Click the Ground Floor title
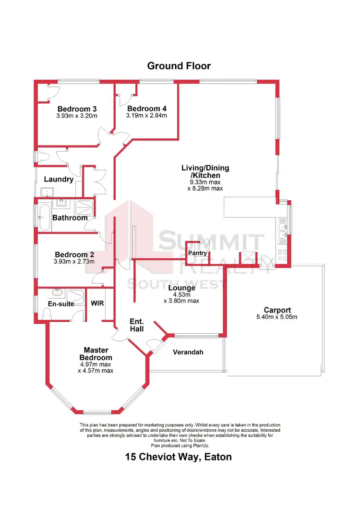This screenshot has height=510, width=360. coord(179,66)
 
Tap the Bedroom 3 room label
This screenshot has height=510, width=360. coord(77,109)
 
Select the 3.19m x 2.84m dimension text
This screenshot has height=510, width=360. coord(146,116)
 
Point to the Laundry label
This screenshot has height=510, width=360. coord(59,180)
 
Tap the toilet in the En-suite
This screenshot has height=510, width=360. coord(47,314)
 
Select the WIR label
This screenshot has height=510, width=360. coord(97,304)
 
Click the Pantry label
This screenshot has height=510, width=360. coord(197,253)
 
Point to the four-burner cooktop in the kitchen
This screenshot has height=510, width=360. coord(282,255)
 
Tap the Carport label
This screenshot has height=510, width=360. coord(277,310)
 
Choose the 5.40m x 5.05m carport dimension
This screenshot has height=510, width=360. coord(277,317)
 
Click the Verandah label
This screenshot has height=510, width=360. coord(188,352)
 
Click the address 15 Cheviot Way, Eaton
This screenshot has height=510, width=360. coord(179,457)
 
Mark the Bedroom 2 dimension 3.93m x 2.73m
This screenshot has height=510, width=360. coord(74,262)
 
